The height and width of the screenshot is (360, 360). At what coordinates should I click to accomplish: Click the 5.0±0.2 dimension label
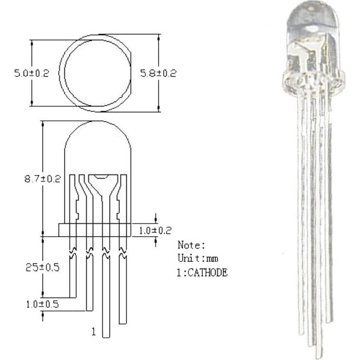pyautogui.click(x=31, y=74)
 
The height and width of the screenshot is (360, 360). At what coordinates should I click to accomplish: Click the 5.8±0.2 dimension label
pyautogui.click(x=158, y=73)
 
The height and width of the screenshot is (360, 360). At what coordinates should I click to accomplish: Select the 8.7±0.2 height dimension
pyautogui.click(x=43, y=179)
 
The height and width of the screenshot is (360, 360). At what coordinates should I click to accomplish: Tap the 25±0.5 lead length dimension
pyautogui.click(x=43, y=267)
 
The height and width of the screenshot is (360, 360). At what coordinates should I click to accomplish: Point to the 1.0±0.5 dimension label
pyautogui.click(x=42, y=304)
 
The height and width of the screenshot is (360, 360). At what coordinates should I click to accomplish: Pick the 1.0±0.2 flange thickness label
pyautogui.click(x=155, y=230)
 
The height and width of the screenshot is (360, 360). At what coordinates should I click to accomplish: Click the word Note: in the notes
pyautogui.click(x=191, y=245)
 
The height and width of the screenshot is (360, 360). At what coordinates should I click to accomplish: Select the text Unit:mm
pyautogui.click(x=198, y=259)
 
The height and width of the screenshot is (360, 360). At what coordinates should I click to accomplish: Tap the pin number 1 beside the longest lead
pyautogui.click(x=94, y=332)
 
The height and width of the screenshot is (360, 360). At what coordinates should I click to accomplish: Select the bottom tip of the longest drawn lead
pyautogui.click(x=106, y=337)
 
